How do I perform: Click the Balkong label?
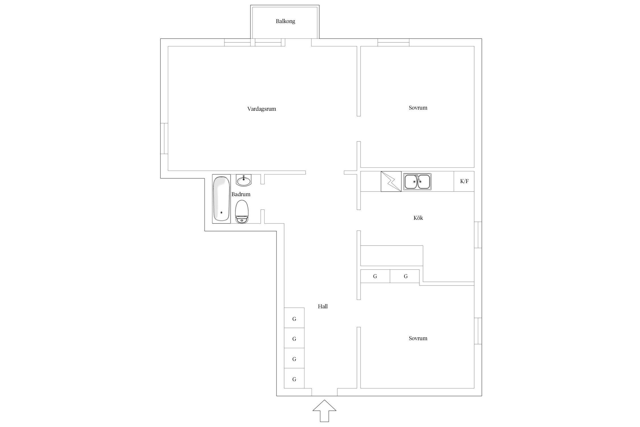285,21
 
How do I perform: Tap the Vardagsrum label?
262,109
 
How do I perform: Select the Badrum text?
241,194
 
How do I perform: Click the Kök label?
418,218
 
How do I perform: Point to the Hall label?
323,307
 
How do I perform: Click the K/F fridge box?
464,181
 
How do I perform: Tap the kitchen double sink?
417,182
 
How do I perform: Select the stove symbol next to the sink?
391,181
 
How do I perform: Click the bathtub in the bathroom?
221,199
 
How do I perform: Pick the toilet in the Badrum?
242,212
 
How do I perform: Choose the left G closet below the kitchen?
375,276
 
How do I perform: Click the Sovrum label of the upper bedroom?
418,108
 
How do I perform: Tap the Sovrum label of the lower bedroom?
418,338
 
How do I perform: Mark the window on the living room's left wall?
164,139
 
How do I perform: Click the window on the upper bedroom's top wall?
393,42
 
